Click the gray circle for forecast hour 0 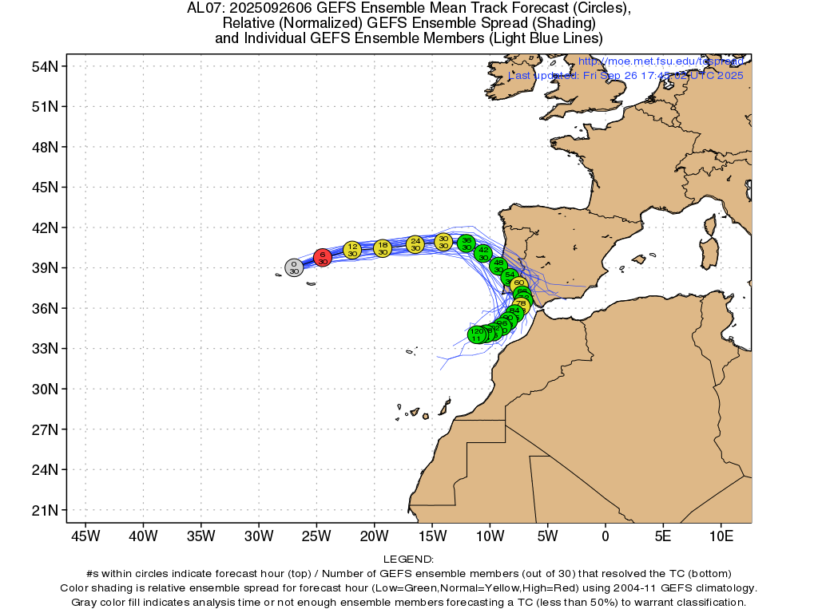tap(294, 267)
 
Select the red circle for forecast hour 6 tap(322, 257)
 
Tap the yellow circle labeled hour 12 tap(352, 250)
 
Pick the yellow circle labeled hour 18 tap(383, 248)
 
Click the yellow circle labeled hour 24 tap(415, 243)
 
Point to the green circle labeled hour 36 tap(467, 243)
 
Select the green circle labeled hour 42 tap(483, 253)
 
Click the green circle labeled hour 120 tap(477, 334)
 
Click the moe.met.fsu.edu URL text tap(661, 61)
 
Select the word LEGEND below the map tap(408, 560)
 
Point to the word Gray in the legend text tap(85, 602)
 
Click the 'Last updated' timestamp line tap(626, 75)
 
